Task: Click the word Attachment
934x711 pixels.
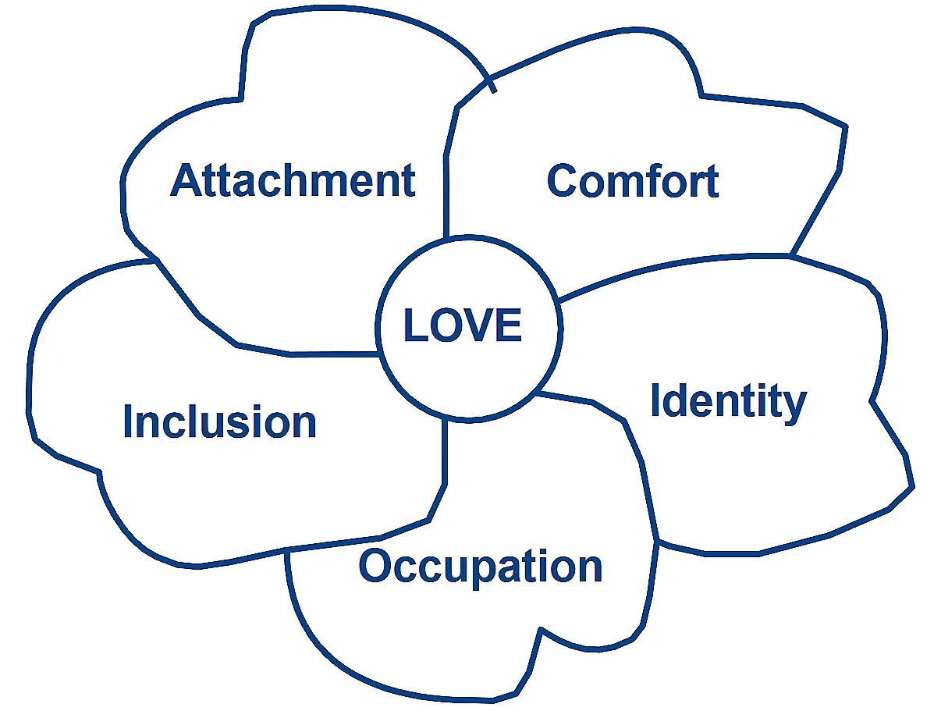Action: click(293, 180)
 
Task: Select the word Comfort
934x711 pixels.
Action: click(632, 180)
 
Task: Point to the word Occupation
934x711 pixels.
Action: click(480, 566)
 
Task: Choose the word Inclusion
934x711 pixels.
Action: click(219, 421)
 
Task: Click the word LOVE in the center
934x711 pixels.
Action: click(463, 325)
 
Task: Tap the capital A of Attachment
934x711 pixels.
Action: click(186, 180)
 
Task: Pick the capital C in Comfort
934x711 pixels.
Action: click(563, 181)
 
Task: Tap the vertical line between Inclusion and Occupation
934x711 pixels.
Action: click(446, 453)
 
